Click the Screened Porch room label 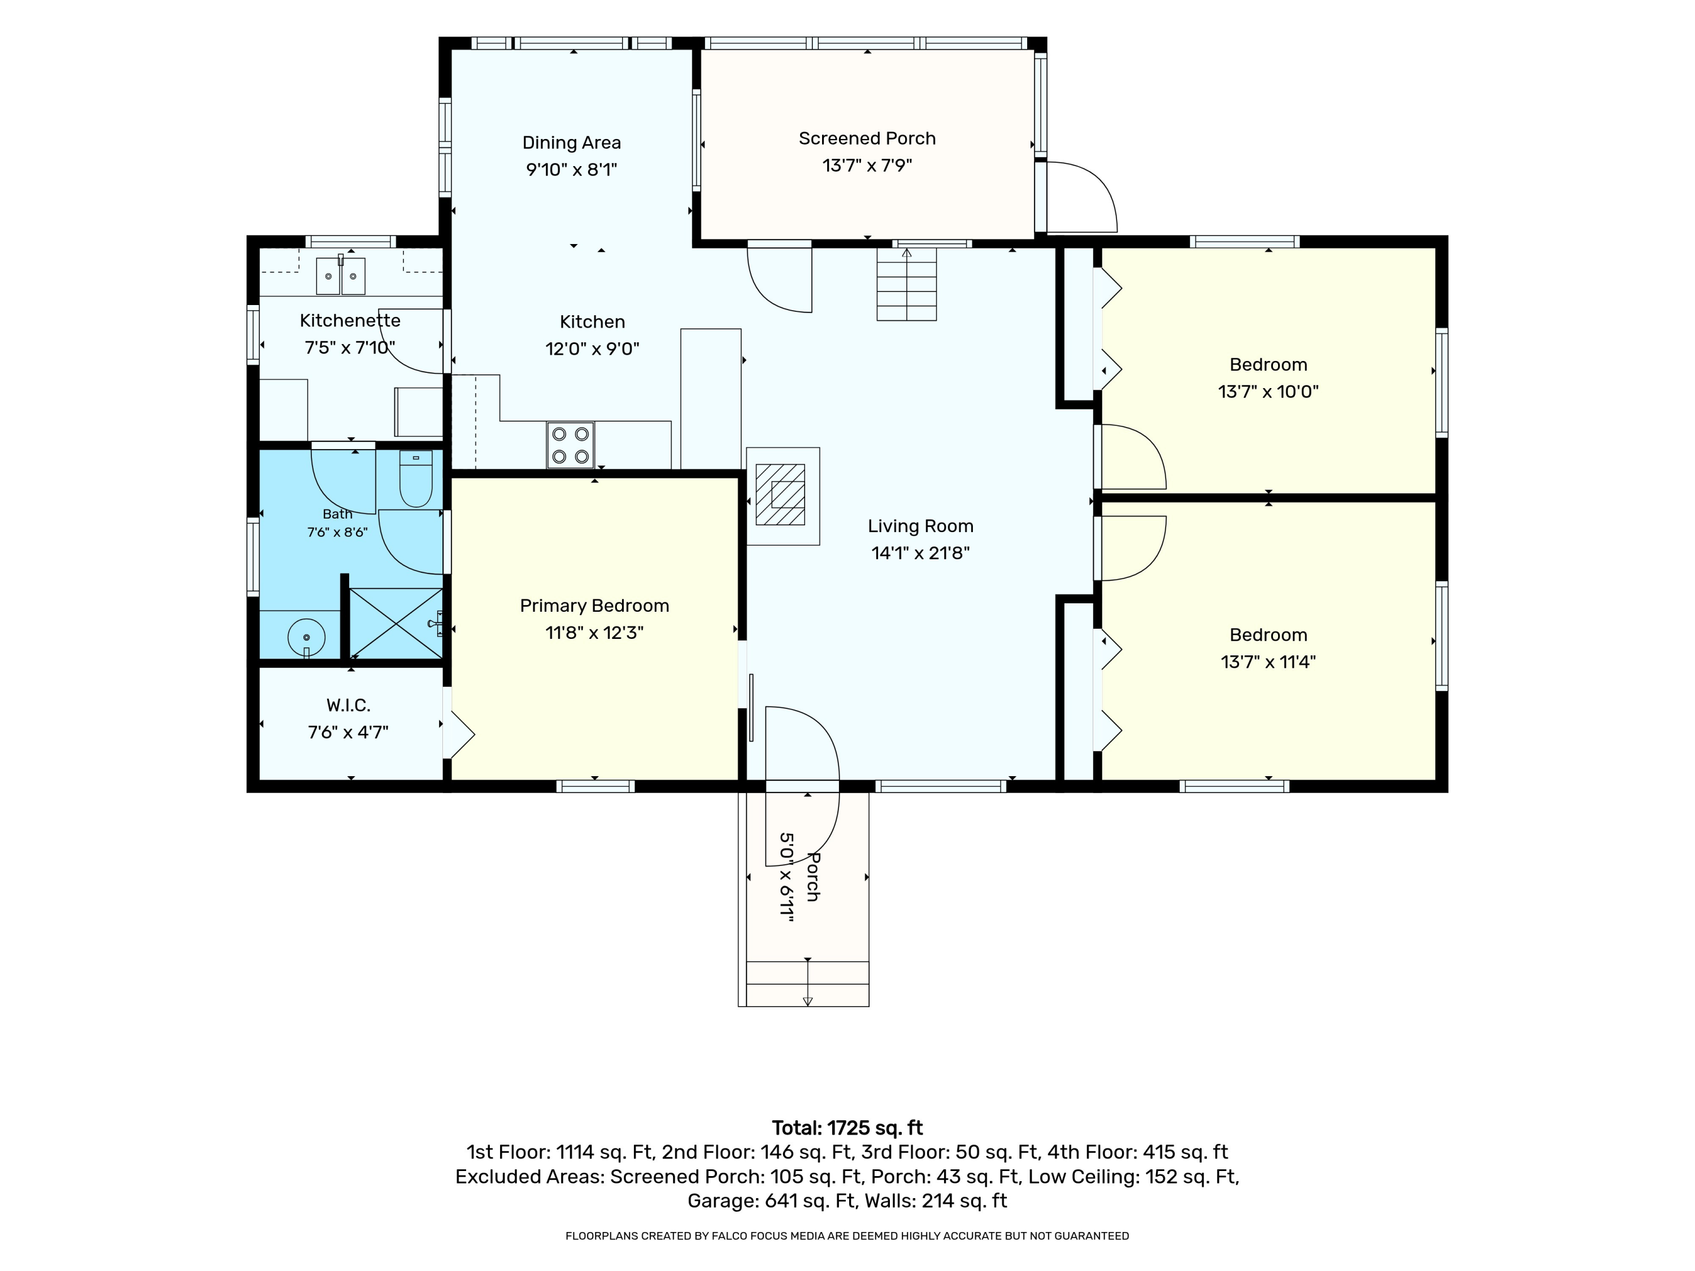tap(867, 138)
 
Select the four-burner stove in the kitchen tap(571, 445)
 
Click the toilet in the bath tap(416, 479)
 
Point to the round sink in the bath tap(306, 637)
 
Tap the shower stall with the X tap(396, 623)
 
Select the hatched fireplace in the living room tap(781, 494)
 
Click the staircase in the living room tap(906, 284)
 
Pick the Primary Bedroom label tap(594, 606)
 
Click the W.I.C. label tap(349, 705)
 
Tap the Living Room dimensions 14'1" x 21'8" tap(920, 553)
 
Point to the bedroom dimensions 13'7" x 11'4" tap(1268, 662)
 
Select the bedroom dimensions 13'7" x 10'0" tap(1268, 391)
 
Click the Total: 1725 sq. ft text tap(847, 1128)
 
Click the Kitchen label tap(592, 322)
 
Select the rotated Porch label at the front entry tap(813, 877)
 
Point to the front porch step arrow tap(807, 982)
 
